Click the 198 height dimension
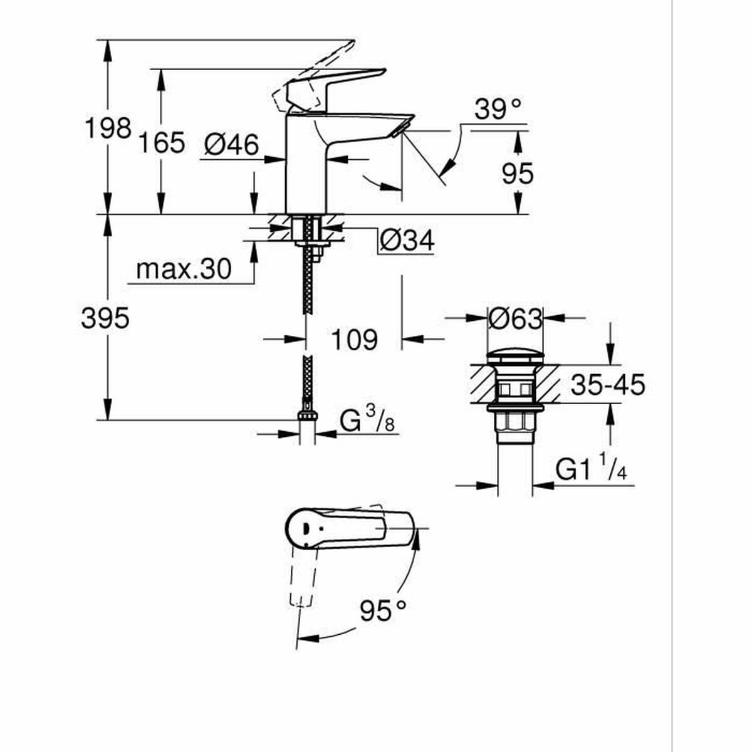pyautogui.click(x=108, y=128)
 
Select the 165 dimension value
pyautogui.click(x=162, y=143)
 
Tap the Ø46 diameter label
pyautogui.click(x=231, y=145)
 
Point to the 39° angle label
pyautogui.click(x=498, y=110)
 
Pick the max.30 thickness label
pyautogui.click(x=184, y=269)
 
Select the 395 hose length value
pyautogui.click(x=105, y=318)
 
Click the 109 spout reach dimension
pyautogui.click(x=354, y=340)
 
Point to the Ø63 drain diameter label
pyautogui.click(x=514, y=319)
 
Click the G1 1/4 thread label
pyautogui.click(x=591, y=469)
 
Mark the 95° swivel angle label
pyautogui.click(x=383, y=610)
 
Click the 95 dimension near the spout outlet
pyautogui.click(x=518, y=173)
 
